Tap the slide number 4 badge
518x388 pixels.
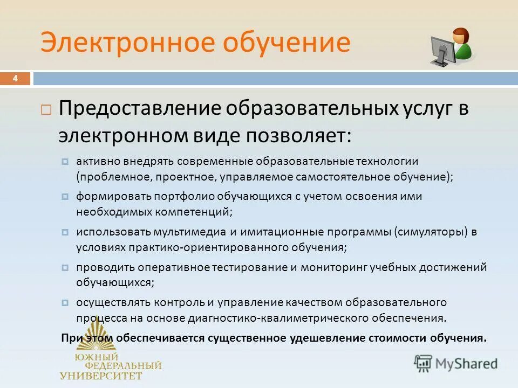tap(15, 79)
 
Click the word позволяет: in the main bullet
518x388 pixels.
tap(299, 135)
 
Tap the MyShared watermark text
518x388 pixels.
tap(466, 363)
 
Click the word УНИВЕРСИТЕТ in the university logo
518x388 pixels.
tap(101, 376)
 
